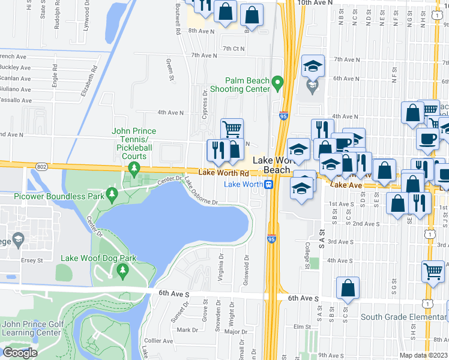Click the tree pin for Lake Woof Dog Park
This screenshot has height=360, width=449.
123,271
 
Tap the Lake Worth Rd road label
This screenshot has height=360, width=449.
223,173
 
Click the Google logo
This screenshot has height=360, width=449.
19,353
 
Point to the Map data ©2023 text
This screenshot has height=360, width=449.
423,355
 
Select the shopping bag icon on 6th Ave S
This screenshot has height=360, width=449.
348,289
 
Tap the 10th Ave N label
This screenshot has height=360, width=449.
315,3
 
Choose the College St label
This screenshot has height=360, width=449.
306,251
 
